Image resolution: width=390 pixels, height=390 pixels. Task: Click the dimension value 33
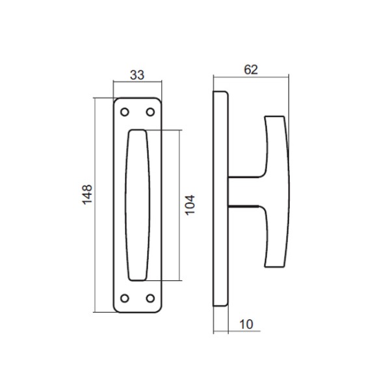click(136, 74)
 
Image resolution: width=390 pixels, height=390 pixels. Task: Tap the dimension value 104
click(190, 205)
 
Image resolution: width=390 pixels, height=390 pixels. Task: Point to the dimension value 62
click(251, 70)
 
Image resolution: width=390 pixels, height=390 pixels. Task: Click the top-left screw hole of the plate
click(123, 112)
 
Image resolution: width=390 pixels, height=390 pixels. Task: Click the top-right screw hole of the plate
click(150, 112)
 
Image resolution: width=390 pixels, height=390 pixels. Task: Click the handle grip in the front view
click(137, 205)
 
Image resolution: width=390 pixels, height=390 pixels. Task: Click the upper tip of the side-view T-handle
click(276, 118)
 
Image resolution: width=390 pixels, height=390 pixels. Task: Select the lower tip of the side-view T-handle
click(276, 263)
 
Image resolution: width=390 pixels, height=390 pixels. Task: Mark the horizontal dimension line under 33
click(136, 83)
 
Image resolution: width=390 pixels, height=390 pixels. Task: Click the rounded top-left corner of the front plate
click(116, 101)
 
